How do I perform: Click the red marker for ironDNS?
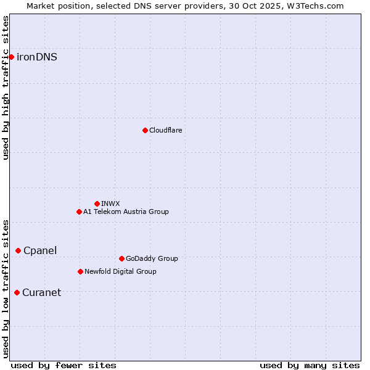click(11, 57)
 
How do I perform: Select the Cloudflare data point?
click(145, 130)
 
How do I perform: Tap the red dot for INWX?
click(97, 203)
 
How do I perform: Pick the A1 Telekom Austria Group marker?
click(79, 212)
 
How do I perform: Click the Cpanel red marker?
click(18, 250)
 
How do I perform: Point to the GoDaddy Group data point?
click(121, 258)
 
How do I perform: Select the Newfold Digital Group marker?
click(80, 271)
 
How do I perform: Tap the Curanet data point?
click(17, 292)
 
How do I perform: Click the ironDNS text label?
click(37, 57)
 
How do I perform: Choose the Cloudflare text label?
click(165, 130)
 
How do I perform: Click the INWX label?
click(110, 203)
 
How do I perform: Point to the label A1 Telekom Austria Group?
click(126, 212)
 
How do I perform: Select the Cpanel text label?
click(40, 250)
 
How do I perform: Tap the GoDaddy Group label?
click(152, 258)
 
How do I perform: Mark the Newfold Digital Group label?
click(120, 271)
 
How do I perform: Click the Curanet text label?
click(41, 292)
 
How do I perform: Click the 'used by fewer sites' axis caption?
click(64, 365)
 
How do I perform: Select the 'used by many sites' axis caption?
click(310, 365)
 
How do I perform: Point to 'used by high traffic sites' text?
click(6, 88)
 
